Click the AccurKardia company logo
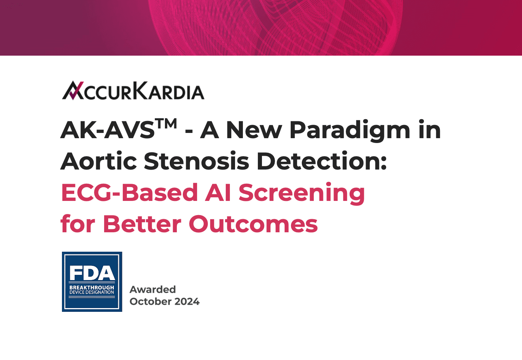tap(133, 90)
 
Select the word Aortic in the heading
tap(99, 161)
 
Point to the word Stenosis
tap(196, 161)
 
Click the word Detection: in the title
tap(322, 161)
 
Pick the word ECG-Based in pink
tap(129, 192)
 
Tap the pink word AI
tap(218, 192)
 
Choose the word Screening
tap(302, 193)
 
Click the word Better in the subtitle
tap(142, 224)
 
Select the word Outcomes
tap(253, 224)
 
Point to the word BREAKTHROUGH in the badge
tap(92, 288)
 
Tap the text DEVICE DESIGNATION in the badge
tap(92, 292)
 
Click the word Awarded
tap(153, 289)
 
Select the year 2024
tap(187, 301)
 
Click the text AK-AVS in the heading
tap(107, 130)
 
